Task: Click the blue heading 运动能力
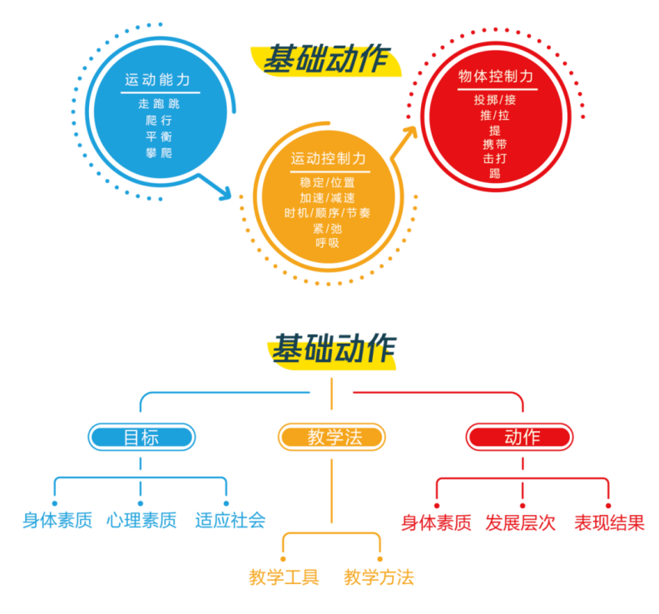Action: point(157,79)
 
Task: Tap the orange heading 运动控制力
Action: point(328,159)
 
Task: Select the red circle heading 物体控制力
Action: point(496,76)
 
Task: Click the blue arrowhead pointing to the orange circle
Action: point(225,193)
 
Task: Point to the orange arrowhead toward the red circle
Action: point(409,131)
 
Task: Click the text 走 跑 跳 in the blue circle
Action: point(159,104)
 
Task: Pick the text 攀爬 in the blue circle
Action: point(159,153)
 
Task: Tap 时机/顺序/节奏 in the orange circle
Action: point(327,213)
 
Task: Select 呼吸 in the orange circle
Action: point(327,243)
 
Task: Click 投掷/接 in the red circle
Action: point(495,100)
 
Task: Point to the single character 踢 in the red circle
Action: point(495,173)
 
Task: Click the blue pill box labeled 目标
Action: point(141,437)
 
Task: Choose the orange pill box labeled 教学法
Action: point(332,437)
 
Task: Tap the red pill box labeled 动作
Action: point(519,437)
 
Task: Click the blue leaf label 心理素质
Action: point(141,520)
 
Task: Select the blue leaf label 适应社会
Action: point(230,520)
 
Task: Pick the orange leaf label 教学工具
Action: point(284,577)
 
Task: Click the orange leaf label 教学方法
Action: point(379,577)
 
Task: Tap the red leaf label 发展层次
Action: point(520,522)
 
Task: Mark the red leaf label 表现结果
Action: point(609,522)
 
